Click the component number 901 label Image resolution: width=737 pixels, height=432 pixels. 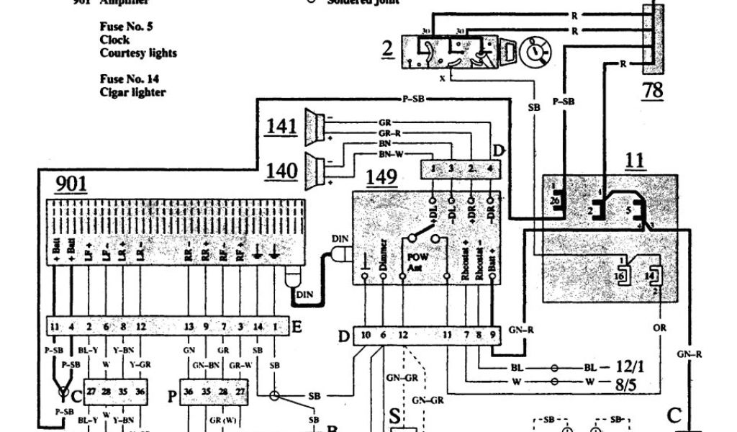click(x=71, y=184)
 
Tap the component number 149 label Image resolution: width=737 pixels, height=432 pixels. click(x=382, y=176)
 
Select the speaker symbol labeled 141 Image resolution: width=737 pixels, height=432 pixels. click(x=313, y=125)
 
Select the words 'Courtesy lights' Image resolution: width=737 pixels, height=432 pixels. click(x=138, y=53)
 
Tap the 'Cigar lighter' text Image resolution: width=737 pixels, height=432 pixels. click(x=133, y=92)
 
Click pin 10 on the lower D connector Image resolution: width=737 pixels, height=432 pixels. click(x=366, y=336)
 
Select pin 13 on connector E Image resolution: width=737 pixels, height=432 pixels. click(x=189, y=326)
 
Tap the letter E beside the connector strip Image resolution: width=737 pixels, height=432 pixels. click(x=297, y=326)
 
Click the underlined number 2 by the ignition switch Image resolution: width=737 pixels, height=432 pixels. click(x=388, y=50)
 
